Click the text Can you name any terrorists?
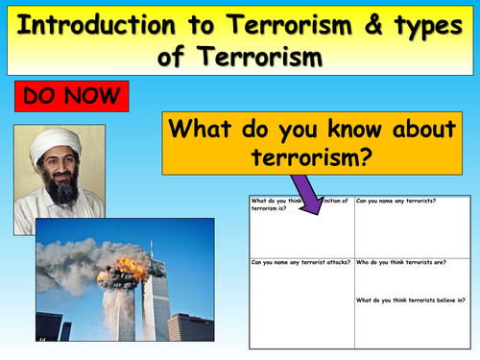pyautogui.click(x=396, y=203)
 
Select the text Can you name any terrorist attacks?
pyautogui.click(x=296, y=261)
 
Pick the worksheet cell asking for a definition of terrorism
pyautogui.click(x=300, y=226)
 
